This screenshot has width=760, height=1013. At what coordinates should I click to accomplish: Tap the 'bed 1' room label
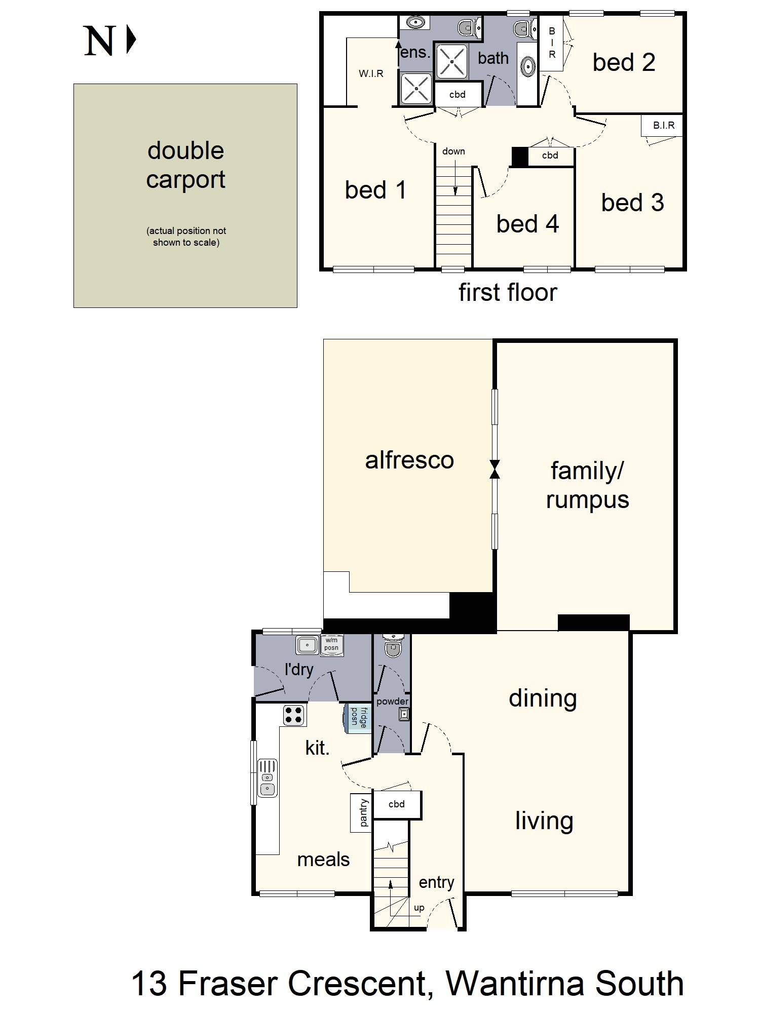(x=375, y=190)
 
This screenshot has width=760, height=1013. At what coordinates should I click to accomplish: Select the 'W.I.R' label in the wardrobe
(x=371, y=74)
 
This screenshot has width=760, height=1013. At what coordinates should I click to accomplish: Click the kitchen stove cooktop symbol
(x=294, y=715)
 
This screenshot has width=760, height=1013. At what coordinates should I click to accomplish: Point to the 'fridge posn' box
(x=358, y=718)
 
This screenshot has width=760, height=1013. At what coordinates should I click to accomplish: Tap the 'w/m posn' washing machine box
(x=332, y=645)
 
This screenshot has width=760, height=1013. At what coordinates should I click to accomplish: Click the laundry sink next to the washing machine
(x=308, y=645)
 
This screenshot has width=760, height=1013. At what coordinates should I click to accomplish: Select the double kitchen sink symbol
(x=268, y=778)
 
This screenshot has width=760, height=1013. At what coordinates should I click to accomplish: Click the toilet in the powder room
(x=393, y=646)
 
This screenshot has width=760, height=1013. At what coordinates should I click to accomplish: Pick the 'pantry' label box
(x=361, y=812)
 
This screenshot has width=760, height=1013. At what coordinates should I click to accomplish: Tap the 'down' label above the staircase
(x=453, y=151)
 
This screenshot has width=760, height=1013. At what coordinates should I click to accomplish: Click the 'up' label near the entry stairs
(x=419, y=908)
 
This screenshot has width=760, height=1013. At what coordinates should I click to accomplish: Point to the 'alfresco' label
(x=409, y=460)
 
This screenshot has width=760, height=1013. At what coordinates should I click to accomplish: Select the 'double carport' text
(x=186, y=165)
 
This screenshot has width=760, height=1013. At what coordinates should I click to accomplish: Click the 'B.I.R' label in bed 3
(x=664, y=126)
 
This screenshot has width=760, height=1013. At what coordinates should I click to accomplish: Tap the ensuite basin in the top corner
(x=416, y=23)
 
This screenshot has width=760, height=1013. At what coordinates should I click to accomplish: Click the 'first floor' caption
(x=508, y=292)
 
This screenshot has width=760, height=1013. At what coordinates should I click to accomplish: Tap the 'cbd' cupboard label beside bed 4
(x=550, y=155)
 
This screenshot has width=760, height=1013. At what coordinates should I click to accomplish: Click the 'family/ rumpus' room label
(x=587, y=485)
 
